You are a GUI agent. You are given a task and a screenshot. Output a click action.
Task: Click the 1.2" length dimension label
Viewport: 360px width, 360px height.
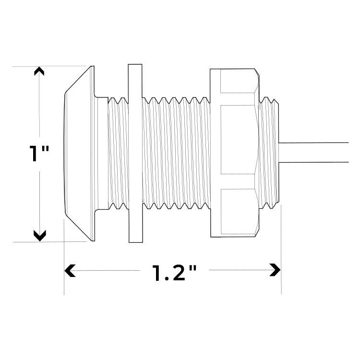175,272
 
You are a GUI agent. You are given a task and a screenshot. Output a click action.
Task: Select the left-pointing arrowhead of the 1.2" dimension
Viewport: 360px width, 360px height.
70,270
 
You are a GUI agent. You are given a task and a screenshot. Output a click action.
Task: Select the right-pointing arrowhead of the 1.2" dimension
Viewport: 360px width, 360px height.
275,270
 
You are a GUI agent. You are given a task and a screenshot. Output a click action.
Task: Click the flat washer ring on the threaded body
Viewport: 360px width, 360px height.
135,153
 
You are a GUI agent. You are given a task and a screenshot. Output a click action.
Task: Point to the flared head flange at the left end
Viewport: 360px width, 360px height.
79,153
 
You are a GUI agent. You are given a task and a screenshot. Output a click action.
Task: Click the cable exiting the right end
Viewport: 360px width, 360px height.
317,153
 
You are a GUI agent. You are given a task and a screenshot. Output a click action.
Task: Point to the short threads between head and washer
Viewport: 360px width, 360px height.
118,153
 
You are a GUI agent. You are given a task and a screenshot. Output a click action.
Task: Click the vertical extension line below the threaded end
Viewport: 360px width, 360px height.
281,250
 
